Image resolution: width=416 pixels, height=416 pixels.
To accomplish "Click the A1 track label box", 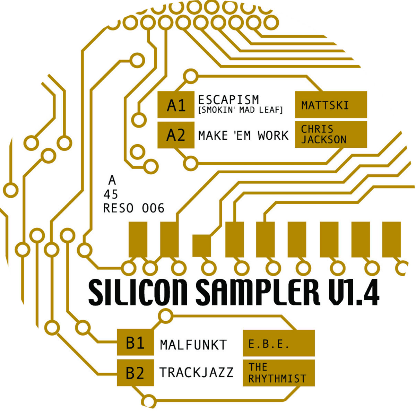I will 176,105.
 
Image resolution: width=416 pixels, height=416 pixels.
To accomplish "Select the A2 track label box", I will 176,135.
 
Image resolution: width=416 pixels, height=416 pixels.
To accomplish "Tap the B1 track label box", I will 135,343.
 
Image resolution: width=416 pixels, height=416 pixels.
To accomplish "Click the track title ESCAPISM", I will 228,99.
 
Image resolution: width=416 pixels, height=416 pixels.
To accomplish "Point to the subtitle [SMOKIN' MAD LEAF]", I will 241,110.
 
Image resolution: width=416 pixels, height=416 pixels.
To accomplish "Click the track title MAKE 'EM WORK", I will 243,135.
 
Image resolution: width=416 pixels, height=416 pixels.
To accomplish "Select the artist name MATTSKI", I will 325,105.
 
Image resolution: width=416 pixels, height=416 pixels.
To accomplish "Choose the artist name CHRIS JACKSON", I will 323,134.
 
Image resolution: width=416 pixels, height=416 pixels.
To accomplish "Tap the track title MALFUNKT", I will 193,345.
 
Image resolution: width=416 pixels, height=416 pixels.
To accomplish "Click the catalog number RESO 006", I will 134,208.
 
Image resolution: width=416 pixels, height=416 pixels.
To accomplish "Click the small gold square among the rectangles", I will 201,245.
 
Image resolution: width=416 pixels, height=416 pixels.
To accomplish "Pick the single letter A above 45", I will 112,180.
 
